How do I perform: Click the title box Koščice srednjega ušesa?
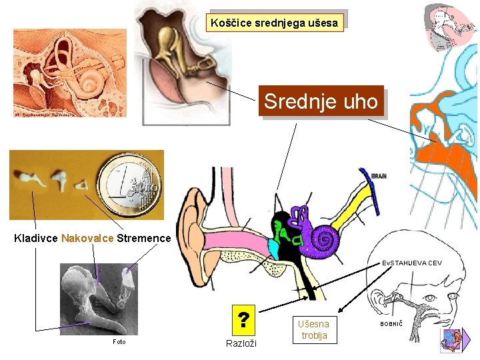(275, 23)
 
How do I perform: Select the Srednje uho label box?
(321, 102)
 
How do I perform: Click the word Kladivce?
(36, 238)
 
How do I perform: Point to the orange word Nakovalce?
(87, 238)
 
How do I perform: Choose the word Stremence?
(143, 238)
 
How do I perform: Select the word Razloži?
(241, 343)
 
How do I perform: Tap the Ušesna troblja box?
(314, 329)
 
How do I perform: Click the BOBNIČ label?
(391, 323)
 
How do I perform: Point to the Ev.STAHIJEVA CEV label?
(411, 263)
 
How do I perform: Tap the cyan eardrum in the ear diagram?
(273, 249)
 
